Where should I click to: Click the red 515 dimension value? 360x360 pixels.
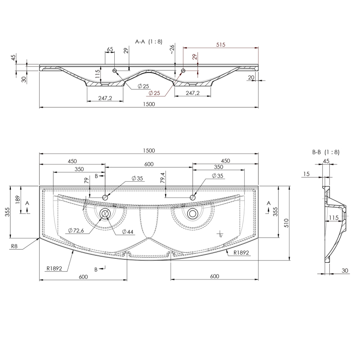[x=220, y=45]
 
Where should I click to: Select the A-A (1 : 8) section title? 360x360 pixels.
[x=149, y=41]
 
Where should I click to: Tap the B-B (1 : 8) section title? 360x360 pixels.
[x=326, y=152]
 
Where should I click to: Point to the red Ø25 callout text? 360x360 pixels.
[x=154, y=93]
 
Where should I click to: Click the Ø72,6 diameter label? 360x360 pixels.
[x=76, y=230]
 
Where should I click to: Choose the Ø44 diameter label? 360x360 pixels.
[x=128, y=232]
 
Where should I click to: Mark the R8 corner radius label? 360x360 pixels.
[x=14, y=246]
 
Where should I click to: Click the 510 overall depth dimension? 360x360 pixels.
[x=286, y=223]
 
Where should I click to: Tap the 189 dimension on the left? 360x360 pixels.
[x=18, y=200]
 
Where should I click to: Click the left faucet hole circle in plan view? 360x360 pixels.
[x=105, y=197]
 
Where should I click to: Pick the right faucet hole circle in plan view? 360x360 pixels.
[x=193, y=197]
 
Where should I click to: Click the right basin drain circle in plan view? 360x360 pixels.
[x=193, y=214]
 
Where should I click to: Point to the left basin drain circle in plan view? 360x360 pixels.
[x=105, y=214]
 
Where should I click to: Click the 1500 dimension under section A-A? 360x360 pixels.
[x=149, y=104]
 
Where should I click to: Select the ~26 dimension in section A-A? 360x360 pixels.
[x=172, y=49]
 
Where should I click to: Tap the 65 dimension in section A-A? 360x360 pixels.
[x=110, y=49]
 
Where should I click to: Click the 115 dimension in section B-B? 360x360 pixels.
[x=333, y=217]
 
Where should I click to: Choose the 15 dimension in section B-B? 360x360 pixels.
[x=306, y=174]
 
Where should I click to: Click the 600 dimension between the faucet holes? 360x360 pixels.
[x=149, y=164]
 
